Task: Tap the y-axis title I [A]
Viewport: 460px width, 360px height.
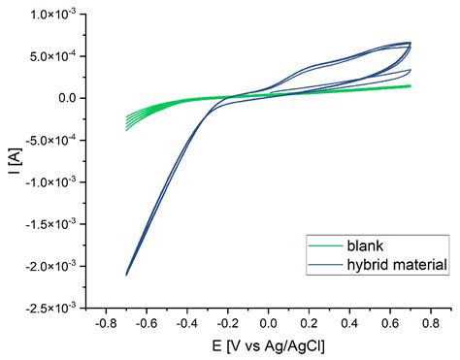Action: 12,160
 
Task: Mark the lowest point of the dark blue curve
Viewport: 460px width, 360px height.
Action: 127,275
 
